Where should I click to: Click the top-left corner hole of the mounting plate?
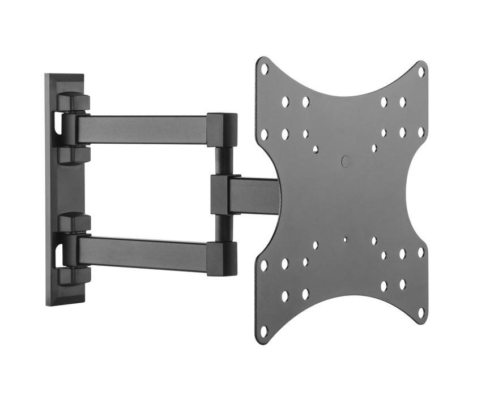[x=264, y=69]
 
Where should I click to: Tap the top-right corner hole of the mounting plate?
[x=421, y=72]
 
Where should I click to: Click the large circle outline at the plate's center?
[x=346, y=161]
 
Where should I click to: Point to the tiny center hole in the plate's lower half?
[x=345, y=239]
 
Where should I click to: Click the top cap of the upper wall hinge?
[x=74, y=102]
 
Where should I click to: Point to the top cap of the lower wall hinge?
[x=74, y=222]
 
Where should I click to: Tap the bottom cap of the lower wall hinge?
[x=74, y=276]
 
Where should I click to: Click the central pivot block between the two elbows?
[x=220, y=195]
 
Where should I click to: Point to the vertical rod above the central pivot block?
[x=221, y=161]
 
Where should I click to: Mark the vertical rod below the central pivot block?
[x=221, y=228]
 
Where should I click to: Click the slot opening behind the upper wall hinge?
[x=58, y=124]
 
